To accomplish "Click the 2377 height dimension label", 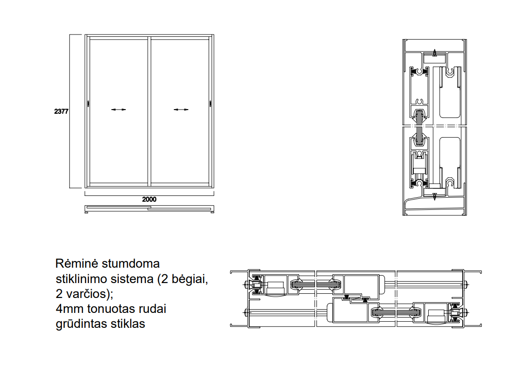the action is [x=61, y=111].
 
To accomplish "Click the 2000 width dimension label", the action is [x=149, y=199].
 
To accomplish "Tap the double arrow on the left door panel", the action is [x=119, y=110].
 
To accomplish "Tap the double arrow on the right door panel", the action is [x=181, y=110].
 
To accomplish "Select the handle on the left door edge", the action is [x=88, y=104].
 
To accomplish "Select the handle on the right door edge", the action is [x=210, y=104].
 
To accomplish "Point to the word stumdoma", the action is [x=130, y=263].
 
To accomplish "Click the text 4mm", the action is [x=69, y=309].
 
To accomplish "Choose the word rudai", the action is [x=152, y=309].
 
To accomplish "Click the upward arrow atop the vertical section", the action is [x=435, y=53].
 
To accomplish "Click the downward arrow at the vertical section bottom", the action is [x=435, y=196].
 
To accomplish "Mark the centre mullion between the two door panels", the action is [x=149, y=111].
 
